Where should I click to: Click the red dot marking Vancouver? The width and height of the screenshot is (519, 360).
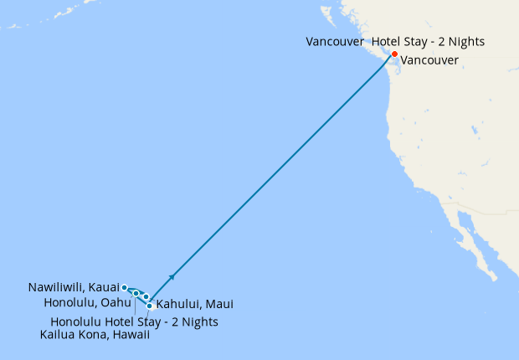tap(394, 54)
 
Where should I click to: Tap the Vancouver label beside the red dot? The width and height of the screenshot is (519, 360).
tap(429, 60)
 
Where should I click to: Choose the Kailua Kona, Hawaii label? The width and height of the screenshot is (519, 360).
tap(95, 335)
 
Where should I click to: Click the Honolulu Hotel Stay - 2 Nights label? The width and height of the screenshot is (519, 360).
tap(134, 321)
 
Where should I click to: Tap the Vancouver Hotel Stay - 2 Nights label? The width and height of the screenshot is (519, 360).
tap(395, 41)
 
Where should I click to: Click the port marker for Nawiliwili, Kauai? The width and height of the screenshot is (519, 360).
tap(125, 287)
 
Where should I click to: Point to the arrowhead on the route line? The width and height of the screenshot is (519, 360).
tap(172, 275)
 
